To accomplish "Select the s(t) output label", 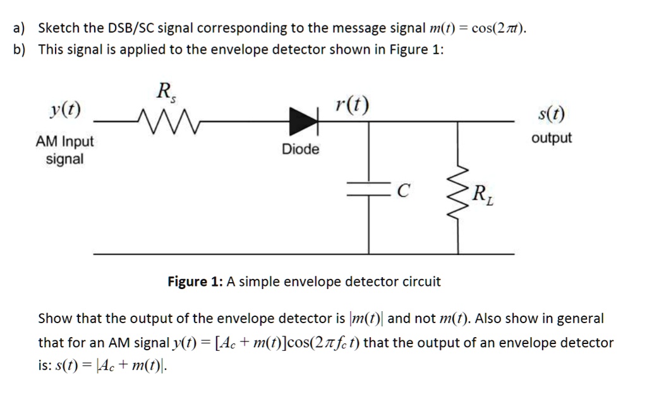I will coord(552,114).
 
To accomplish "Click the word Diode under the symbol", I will coord(301,150).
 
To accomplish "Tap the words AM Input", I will coord(64,141).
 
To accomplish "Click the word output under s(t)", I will coord(552,138).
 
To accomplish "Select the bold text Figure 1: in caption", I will coord(194,282).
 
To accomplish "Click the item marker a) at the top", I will coord(19,28).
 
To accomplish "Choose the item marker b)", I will coord(19,50).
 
